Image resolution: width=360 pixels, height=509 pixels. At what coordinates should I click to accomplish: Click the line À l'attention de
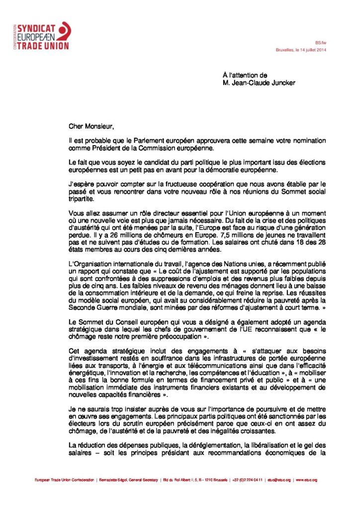click(245, 75)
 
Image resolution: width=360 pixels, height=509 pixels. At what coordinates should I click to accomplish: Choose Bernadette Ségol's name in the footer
click(111, 480)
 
